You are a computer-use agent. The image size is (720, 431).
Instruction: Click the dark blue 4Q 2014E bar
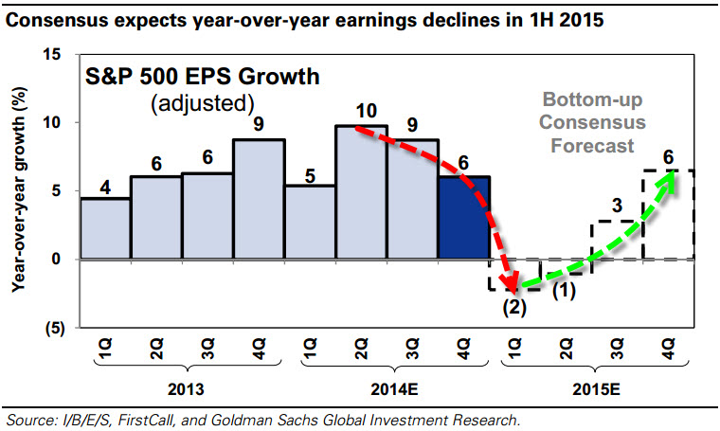(x=463, y=217)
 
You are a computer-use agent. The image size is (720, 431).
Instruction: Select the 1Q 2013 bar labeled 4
(x=105, y=227)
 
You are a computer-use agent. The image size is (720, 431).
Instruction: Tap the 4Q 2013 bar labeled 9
(x=259, y=199)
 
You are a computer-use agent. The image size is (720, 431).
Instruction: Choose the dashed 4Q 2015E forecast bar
(x=668, y=214)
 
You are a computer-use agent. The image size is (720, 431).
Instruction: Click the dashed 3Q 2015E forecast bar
(x=617, y=240)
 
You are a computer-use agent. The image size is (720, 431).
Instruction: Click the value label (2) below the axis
(x=513, y=306)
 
